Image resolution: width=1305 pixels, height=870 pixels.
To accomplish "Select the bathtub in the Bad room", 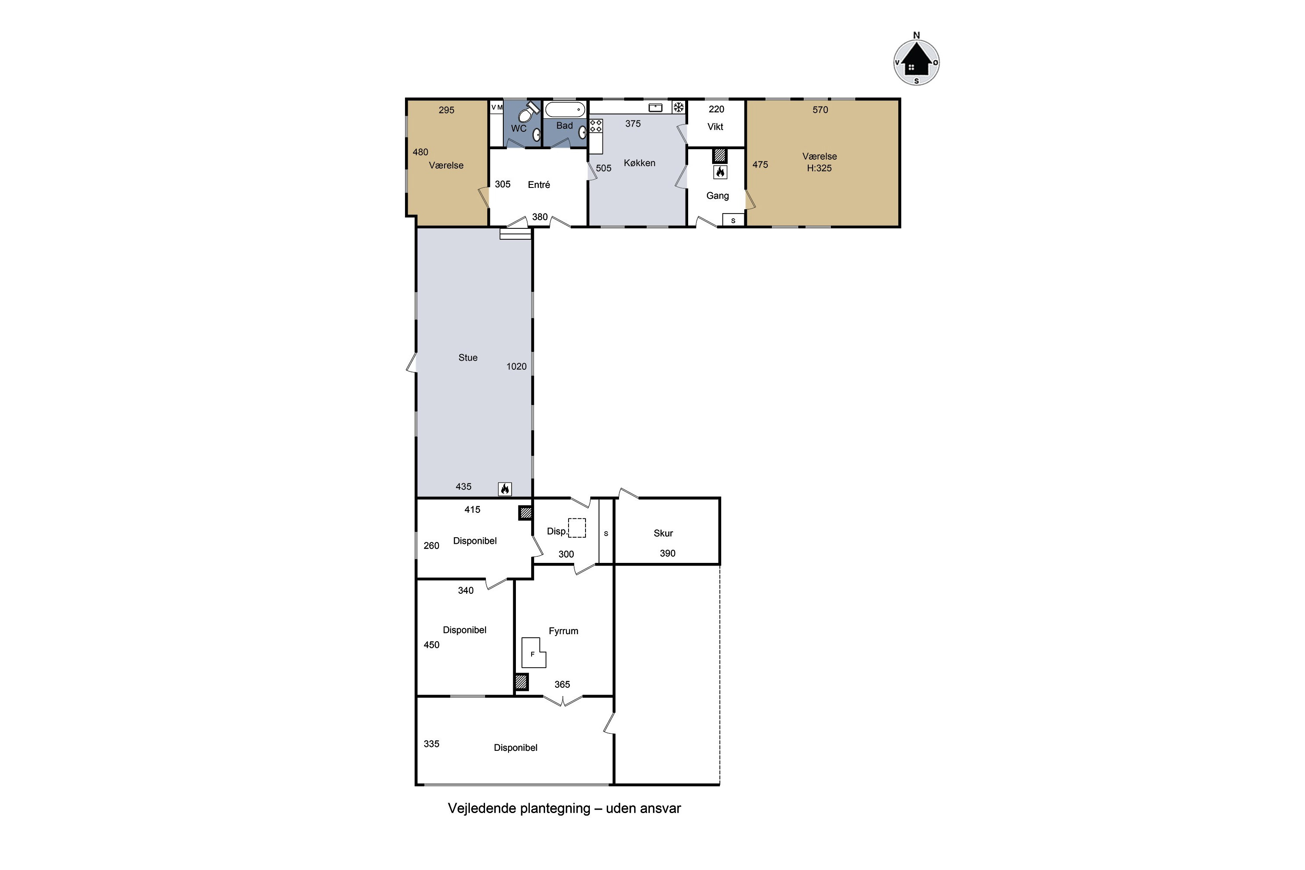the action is click(565, 109).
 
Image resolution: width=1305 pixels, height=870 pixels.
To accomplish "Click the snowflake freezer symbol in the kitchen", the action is click(678, 107).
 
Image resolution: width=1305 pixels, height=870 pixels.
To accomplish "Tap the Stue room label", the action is click(468, 358).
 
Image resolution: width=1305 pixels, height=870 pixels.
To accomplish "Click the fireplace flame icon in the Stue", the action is click(505, 489).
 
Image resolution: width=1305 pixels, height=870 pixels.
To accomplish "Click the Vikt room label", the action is click(715, 127).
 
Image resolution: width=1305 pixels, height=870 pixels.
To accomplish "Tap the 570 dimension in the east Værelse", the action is click(820, 110).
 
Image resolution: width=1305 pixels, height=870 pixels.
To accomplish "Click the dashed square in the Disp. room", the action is click(577, 528).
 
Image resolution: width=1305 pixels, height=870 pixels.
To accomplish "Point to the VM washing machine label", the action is click(497, 107).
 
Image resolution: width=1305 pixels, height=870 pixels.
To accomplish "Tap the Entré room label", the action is click(539, 185).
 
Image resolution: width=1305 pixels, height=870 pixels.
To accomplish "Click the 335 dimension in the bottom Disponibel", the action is click(431, 744).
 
